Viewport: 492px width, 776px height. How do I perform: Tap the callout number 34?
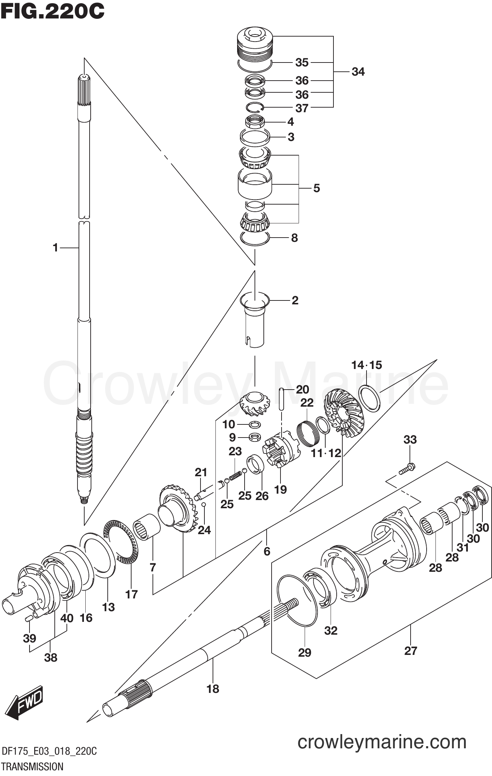coord(358,72)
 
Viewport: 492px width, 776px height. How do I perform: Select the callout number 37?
coord(302,108)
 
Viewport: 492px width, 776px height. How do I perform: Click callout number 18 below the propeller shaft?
coord(213,689)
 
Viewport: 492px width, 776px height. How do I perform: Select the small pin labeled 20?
coord(282,399)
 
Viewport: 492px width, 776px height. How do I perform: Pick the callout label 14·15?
coord(366,365)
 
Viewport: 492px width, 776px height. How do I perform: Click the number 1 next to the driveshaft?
coord(55,248)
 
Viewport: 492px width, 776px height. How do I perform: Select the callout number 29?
coord(305,652)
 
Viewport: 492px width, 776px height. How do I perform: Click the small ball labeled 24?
coord(203,505)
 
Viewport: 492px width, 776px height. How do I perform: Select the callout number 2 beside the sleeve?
coord(295,300)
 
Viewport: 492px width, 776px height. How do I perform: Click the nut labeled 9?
coord(255,437)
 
